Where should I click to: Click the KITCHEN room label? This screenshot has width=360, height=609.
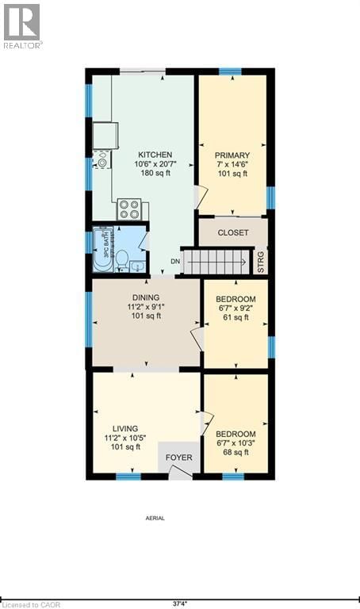155,155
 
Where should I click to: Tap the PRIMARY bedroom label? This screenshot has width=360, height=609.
232,155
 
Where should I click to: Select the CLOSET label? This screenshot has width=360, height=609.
233,232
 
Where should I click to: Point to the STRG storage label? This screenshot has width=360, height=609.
262,262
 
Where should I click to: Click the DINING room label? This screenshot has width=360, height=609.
146,297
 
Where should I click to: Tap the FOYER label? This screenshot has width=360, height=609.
179,458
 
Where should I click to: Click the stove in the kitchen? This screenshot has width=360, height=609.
129,209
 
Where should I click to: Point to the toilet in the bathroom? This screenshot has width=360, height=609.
122,258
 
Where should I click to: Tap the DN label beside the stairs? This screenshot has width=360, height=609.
176,262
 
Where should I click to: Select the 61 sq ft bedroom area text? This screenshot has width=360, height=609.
235,317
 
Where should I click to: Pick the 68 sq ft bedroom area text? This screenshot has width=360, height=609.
236,453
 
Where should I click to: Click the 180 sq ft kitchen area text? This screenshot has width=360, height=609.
155,174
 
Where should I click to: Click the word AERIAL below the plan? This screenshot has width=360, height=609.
155,518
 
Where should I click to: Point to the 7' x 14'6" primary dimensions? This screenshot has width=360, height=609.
233,164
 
